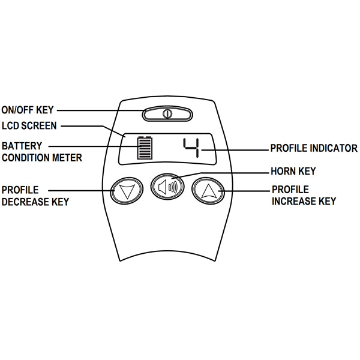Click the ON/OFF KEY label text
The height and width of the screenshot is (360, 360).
point(28,110)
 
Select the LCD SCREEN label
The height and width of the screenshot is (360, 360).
point(29,126)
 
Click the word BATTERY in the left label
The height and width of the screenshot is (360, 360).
point(21,146)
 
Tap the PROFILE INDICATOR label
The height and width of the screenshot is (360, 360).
point(314,148)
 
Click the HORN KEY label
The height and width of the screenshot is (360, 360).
point(293,172)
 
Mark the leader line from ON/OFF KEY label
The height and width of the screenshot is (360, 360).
point(99,110)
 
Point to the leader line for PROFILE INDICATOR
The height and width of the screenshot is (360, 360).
point(234,148)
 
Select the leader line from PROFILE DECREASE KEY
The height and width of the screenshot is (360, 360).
point(78,190)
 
